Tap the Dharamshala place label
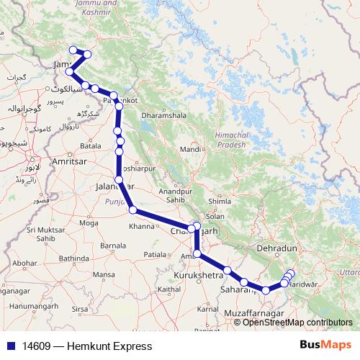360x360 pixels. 166,115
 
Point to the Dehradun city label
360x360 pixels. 276,248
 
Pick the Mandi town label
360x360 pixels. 190,149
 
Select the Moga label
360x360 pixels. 89,223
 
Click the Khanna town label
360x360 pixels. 141,227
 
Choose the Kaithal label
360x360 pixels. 168,289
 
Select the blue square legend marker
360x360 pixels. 9,346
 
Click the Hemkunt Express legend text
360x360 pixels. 87,346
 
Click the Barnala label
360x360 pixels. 112,246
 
